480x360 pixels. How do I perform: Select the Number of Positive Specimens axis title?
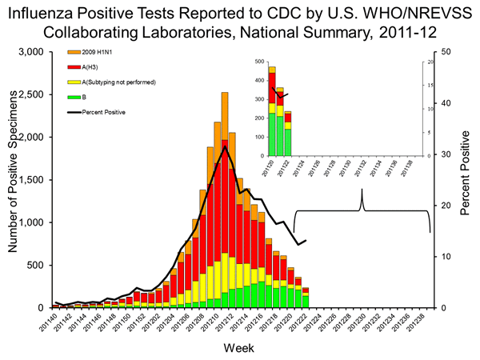pos(14,180)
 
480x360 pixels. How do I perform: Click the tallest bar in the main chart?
pos(225,200)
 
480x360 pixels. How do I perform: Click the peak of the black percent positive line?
pos(226,147)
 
